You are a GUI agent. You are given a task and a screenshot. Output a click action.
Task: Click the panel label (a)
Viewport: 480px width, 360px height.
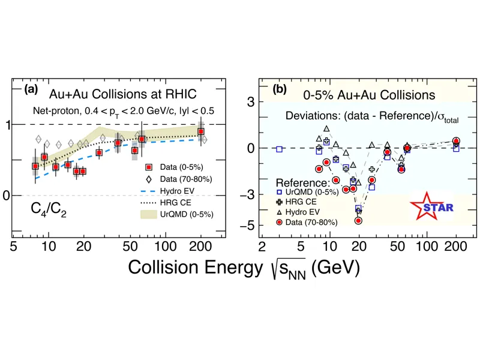(31, 89)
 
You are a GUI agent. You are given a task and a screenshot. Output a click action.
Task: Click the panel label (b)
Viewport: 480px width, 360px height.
(280, 90)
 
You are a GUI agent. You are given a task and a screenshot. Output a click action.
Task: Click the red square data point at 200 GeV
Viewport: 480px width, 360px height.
(201, 131)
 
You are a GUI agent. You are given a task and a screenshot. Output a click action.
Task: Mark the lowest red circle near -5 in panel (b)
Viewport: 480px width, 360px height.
(358, 221)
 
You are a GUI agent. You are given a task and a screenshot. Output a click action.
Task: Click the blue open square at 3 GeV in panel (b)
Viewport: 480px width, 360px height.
(279, 148)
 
